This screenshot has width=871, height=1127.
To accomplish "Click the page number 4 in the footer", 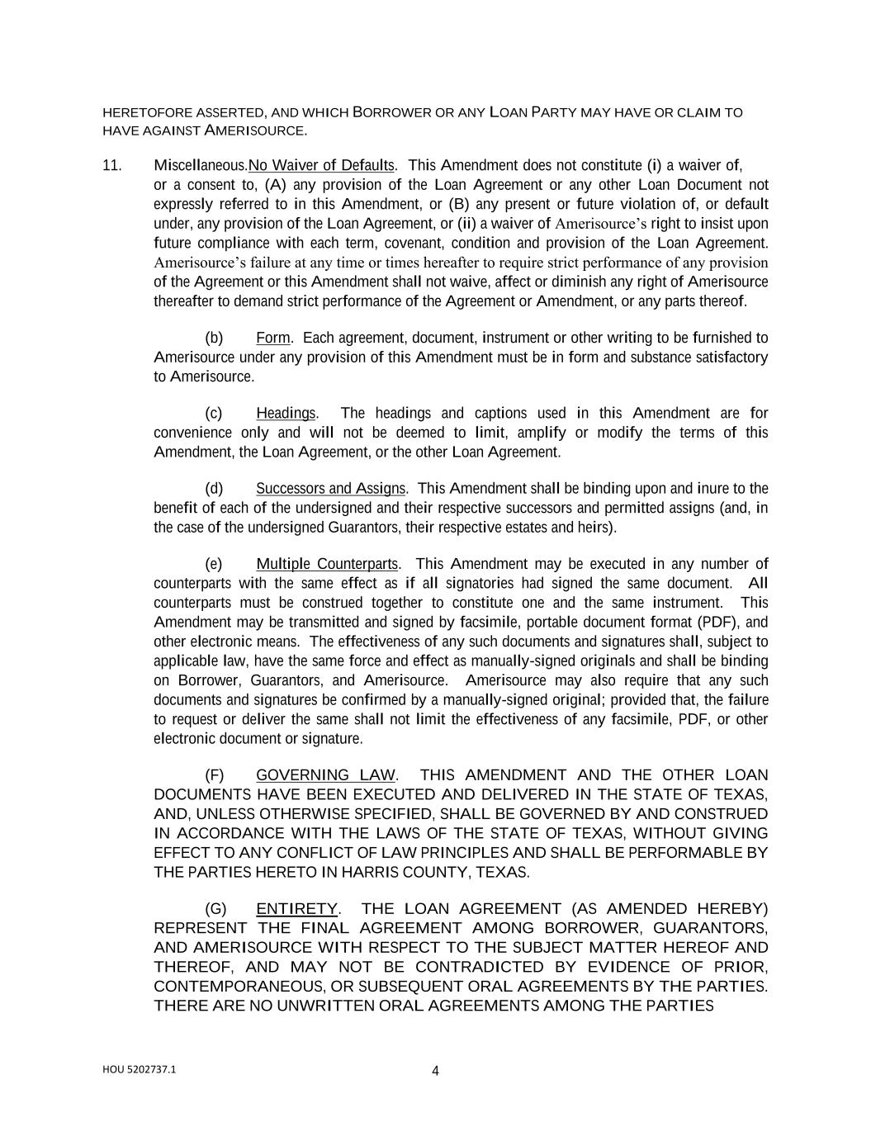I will pyautogui.click(x=435, y=1072).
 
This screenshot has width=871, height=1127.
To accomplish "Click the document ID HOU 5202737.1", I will pyautogui.click(x=139, y=1068).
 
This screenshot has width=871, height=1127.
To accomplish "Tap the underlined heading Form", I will pyautogui.click(x=272, y=338).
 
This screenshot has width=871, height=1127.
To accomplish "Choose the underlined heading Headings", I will pyautogui.click(x=286, y=413).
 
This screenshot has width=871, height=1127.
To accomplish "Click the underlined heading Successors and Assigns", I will pyautogui.click(x=330, y=488).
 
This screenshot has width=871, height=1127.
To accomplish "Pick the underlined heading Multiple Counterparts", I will pyautogui.click(x=327, y=564).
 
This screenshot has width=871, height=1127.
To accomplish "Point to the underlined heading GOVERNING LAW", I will pyautogui.click(x=325, y=775).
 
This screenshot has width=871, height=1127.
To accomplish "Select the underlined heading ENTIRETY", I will pyautogui.click(x=296, y=909).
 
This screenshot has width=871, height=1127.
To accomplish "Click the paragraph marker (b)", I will pyautogui.click(x=214, y=338).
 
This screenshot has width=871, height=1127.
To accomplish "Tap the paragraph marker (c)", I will pyautogui.click(x=214, y=413).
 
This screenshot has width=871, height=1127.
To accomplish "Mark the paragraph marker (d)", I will pyautogui.click(x=214, y=488).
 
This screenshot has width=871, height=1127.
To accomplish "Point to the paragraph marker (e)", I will pyautogui.click(x=214, y=564).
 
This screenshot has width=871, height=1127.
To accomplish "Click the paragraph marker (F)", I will pyautogui.click(x=214, y=775).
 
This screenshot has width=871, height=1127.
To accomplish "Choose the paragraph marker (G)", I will pyautogui.click(x=215, y=909).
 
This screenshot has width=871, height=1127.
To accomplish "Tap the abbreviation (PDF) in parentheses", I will pyautogui.click(x=719, y=622).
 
